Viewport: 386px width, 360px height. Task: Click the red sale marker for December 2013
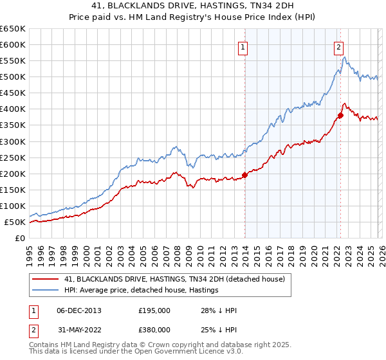pos(244,175)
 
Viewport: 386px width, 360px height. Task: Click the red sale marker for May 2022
pos(341,115)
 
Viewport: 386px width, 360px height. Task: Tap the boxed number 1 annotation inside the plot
pos(243,46)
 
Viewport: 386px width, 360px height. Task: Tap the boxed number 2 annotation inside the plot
pos(338,46)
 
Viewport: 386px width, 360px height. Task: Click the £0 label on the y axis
pos(21,238)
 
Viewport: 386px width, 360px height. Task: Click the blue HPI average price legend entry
pos(141,290)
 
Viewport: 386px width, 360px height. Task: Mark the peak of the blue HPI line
pos(345,57)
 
